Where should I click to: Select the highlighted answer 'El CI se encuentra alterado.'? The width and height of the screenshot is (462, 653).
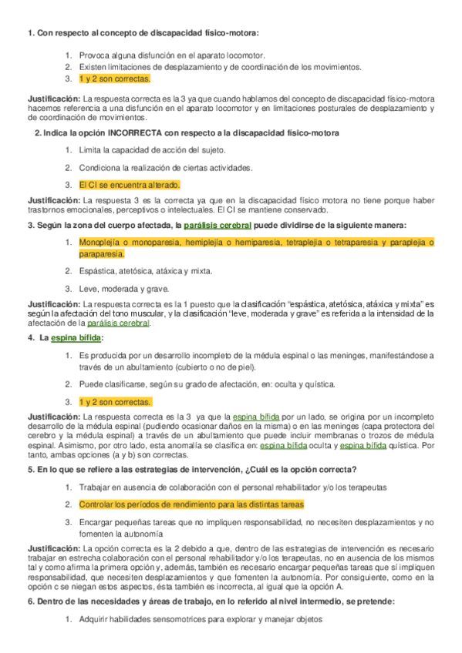pyautogui.click(x=130, y=185)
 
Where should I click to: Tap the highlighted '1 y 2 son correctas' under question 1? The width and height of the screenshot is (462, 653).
pyautogui.click(x=114, y=79)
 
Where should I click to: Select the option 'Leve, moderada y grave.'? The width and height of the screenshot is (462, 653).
pyautogui.click(x=123, y=288)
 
